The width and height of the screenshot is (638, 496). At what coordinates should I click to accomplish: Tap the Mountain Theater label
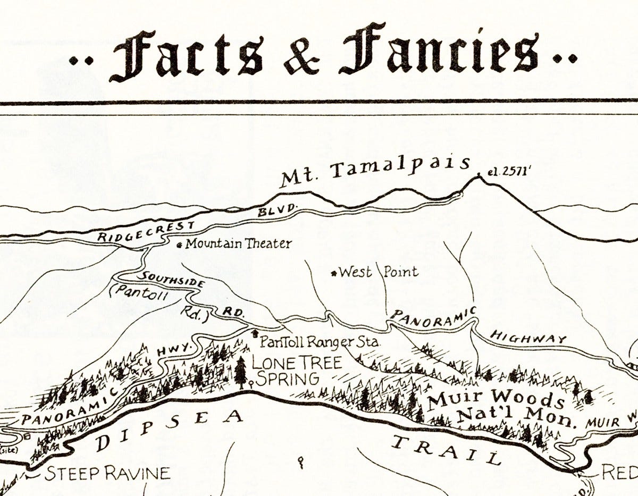coord(238,244)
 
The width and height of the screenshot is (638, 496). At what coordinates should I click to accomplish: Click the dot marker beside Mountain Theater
coord(179,245)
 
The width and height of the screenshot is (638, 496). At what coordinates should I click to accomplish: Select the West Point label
coord(378,272)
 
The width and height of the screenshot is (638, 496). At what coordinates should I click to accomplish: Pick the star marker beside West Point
coord(334,273)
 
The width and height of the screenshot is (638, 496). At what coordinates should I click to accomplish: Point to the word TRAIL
coord(446,448)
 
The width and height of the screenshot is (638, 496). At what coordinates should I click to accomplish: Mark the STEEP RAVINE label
coord(107,473)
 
